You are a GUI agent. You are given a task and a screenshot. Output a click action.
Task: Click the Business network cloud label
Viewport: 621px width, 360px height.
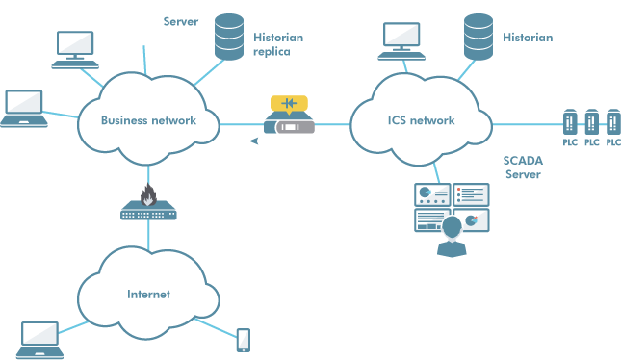[148, 120]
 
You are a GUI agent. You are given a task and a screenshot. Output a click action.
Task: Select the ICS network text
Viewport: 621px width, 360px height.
[421, 120]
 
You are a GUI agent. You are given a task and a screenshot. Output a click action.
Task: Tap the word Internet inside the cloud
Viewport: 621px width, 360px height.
[148, 294]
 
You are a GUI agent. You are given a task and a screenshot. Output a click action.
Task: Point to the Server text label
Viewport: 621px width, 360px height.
[181, 21]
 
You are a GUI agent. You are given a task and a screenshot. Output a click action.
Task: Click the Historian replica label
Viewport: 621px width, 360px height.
[277, 44]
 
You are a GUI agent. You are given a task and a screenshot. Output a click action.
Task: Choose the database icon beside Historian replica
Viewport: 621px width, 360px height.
[228, 37]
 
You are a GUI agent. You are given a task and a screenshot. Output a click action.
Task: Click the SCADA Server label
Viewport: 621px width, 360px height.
[524, 167]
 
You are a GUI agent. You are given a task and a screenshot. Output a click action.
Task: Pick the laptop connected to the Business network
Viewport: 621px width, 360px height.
[23, 108]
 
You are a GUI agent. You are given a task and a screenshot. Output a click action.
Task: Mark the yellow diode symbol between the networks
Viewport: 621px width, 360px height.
[289, 103]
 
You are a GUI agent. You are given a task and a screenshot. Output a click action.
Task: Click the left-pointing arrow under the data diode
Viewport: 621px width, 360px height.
[289, 141]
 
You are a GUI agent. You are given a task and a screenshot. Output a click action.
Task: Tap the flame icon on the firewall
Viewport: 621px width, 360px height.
[148, 196]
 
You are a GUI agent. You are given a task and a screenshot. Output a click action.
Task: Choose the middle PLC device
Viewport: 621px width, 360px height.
[591, 123]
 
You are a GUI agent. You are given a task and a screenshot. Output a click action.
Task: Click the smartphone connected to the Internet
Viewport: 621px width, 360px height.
[244, 340]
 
